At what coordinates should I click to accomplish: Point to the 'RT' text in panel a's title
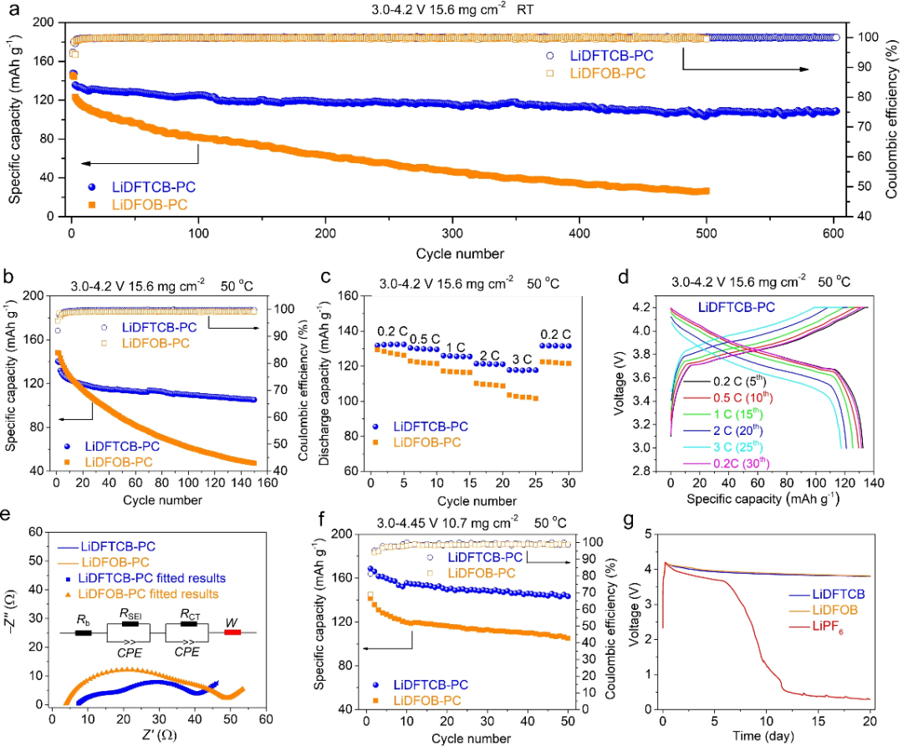[x=526, y=11]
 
